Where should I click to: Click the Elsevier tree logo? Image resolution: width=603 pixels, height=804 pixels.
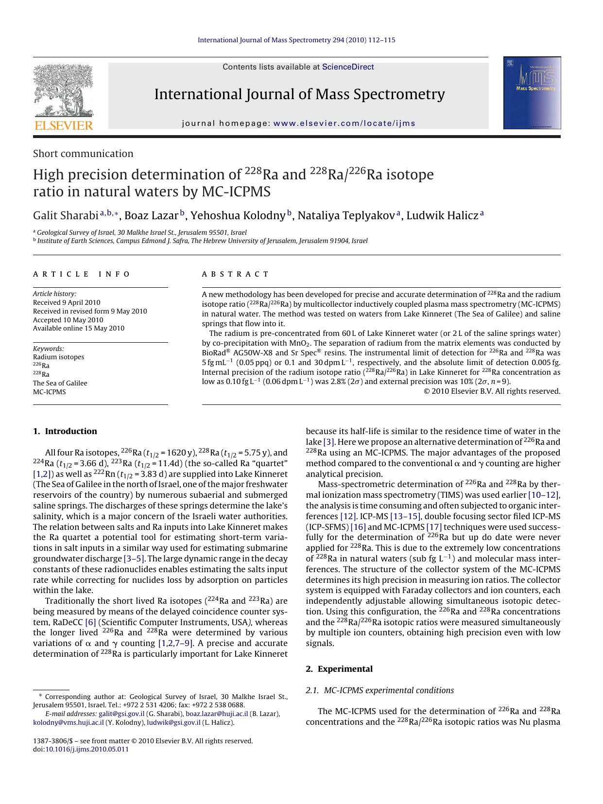click(63, 97)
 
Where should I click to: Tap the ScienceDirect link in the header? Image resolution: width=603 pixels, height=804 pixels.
click(348, 67)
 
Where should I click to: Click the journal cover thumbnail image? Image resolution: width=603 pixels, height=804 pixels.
click(532, 93)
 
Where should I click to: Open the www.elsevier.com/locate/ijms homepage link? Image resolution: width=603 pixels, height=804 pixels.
click(344, 123)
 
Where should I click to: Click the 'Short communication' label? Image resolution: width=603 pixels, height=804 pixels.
click(83, 154)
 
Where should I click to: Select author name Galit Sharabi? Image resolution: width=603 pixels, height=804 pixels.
click(66, 215)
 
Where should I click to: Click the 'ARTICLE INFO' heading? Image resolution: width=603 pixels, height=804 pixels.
click(82, 274)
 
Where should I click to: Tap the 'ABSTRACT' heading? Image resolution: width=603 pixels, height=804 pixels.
click(235, 274)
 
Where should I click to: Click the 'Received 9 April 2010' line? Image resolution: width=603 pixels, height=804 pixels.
click(67, 302)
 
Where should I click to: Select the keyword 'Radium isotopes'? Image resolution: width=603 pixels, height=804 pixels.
click(58, 357)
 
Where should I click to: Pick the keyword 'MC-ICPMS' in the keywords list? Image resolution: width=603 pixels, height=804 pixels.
click(49, 392)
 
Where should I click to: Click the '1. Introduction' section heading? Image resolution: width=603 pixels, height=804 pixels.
click(65, 431)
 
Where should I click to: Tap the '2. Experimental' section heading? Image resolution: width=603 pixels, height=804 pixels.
click(339, 669)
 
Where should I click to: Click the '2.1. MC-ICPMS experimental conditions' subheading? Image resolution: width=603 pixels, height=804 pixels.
click(380, 690)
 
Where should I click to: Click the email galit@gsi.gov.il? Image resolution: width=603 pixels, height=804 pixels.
click(121, 714)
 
